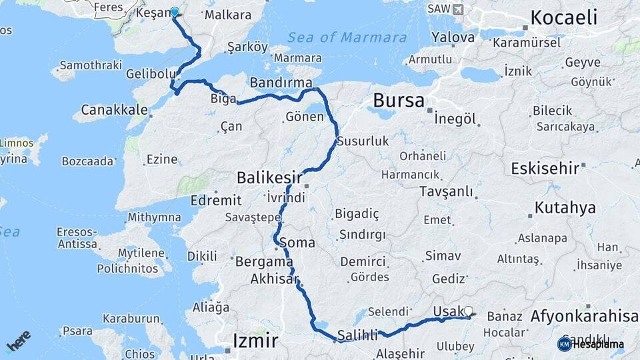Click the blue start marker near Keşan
point(175,11)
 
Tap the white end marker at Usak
point(469,311)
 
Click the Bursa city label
point(398,101)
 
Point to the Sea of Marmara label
point(348,37)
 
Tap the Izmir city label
point(255,341)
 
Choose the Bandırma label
point(281,83)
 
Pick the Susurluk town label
point(362,141)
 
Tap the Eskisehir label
point(545,168)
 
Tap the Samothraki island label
point(89,65)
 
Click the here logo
point(18,341)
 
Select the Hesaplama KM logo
point(591,344)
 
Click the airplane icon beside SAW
point(457,9)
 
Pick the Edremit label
point(215,200)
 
